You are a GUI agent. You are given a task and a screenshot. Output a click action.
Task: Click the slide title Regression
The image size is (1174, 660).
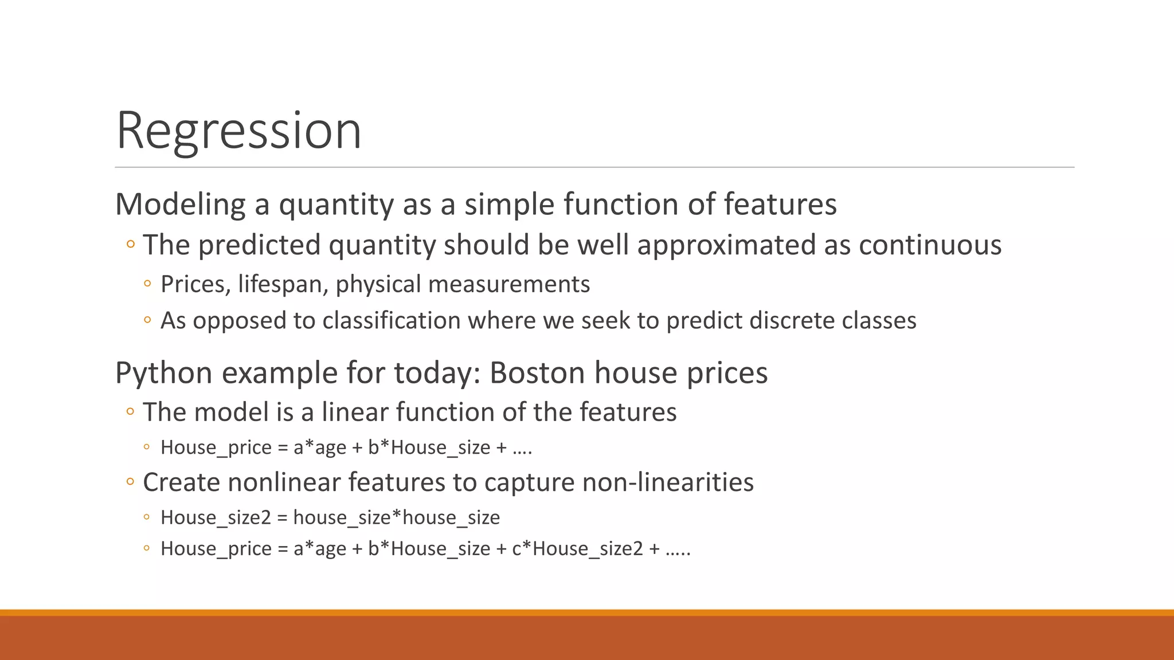pos(238,131)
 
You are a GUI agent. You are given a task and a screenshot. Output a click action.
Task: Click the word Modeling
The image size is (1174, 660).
pos(180,205)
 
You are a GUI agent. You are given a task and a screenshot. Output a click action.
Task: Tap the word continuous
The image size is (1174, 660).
pos(930,245)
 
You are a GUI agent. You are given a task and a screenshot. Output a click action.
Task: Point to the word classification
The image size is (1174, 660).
pos(391,321)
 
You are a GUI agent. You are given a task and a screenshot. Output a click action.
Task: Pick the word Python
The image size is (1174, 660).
pos(164,374)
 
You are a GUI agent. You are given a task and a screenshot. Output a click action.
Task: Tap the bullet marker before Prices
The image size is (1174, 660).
pos(147,284)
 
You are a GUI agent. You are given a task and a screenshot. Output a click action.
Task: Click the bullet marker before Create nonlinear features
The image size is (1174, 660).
pos(130,481)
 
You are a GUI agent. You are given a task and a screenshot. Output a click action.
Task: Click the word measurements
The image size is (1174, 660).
pos(509,285)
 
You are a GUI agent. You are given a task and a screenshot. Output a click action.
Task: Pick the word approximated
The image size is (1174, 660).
pos(726,245)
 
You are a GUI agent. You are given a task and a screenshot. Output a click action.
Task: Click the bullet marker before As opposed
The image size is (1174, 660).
pos(147,320)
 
